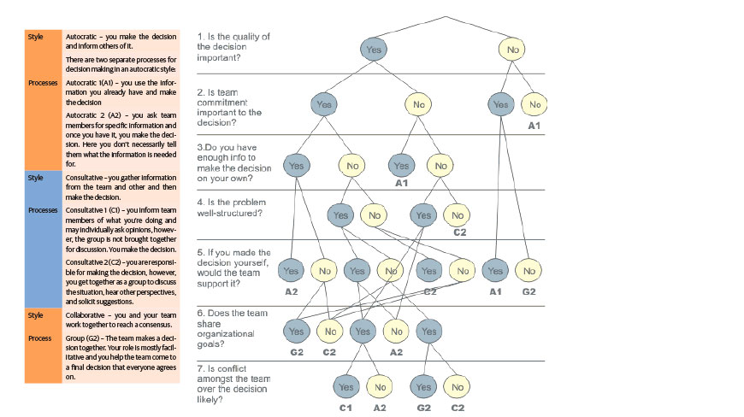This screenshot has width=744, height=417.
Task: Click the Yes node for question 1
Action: point(374,50)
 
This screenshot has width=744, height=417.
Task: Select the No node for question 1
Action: point(513,50)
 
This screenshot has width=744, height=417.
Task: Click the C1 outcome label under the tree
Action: point(345,407)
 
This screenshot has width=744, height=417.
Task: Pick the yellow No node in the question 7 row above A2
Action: point(380,387)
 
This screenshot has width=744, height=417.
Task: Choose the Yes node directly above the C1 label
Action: point(346,387)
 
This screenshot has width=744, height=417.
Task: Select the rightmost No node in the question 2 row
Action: point(534,105)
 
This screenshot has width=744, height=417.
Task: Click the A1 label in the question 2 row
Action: point(534,126)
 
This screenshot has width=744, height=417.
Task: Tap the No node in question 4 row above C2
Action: point(457,215)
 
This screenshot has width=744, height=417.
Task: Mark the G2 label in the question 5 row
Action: point(529,291)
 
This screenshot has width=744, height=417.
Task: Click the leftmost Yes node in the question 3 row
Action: point(296,165)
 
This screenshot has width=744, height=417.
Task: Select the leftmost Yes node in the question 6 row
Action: point(296,331)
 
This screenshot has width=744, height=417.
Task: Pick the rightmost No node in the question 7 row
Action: point(458,387)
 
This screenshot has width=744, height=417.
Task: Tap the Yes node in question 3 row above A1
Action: point(401,165)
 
